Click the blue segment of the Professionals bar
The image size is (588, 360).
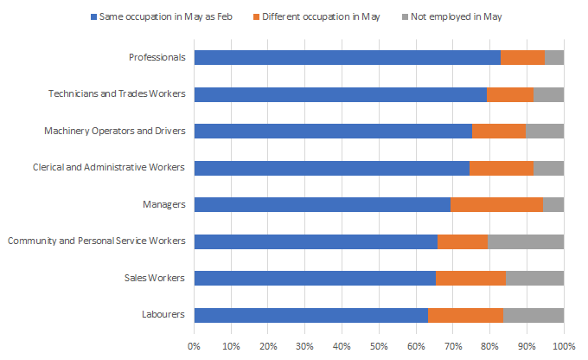pos(347,58)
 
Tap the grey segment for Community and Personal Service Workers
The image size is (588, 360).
pos(526,241)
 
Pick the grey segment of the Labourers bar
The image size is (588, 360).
pos(534,315)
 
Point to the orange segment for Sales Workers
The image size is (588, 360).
pos(470,278)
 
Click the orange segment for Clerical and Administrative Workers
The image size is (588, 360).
pos(502,168)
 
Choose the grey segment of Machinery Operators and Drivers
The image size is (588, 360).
pos(545,132)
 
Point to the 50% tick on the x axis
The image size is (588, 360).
pos(379,346)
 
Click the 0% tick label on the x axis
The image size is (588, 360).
pos(195,346)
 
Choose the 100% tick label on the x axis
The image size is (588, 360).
pos(564,346)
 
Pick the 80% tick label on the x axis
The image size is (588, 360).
pos(489,346)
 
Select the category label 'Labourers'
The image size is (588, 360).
pos(163,315)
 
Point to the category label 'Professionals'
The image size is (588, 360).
pos(157,58)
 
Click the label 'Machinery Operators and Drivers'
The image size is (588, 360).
pos(115,132)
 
